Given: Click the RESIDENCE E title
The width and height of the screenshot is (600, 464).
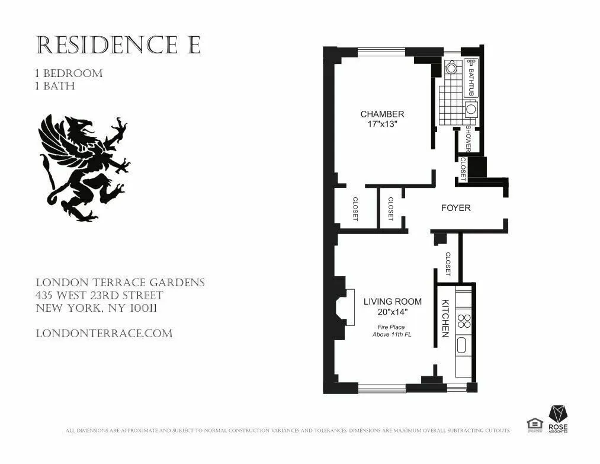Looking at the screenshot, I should pos(118,44).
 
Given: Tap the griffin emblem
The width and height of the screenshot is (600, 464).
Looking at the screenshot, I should pos(84,168).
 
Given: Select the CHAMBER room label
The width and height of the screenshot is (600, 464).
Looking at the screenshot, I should pos(382,114).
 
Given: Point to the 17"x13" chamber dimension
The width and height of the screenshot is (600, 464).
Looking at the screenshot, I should pos(382,124).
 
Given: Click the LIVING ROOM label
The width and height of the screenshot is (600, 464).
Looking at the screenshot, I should pos(392,301).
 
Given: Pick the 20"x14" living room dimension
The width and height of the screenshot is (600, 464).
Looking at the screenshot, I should pos(392,312).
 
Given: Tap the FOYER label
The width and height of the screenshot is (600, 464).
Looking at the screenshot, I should pos(456,208).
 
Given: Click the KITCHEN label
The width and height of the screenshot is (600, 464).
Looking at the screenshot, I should pos(445,318).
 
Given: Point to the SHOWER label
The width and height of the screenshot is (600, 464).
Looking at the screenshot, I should pos(468,137).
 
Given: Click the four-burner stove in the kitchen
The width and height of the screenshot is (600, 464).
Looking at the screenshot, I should pos(466,322).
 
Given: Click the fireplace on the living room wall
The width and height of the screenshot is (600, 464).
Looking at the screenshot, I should pos(342,308).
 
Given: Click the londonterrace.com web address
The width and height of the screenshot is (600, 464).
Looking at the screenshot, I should pos(104,333).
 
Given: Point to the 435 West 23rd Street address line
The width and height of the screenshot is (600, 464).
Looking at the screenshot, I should pos(100,295).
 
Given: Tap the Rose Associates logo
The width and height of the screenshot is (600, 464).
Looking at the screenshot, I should pos(557,418).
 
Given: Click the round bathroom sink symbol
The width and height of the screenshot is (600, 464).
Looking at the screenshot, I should pos(471,109).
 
